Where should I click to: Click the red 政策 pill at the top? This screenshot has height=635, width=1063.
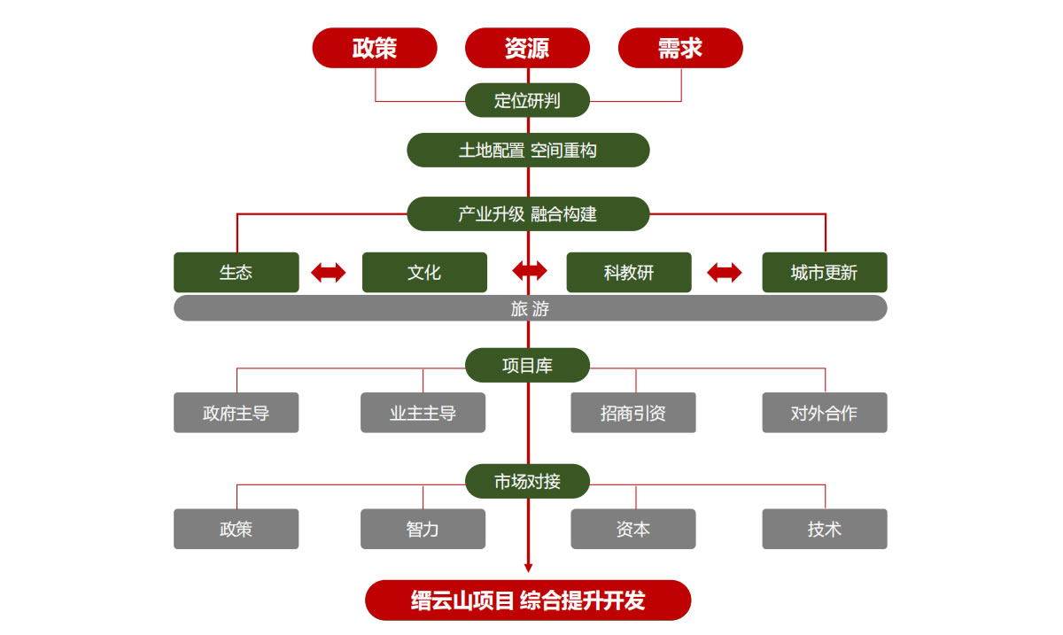pos(375,48)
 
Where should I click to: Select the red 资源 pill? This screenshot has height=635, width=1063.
pos(527,48)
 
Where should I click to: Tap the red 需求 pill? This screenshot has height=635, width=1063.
pos(680,48)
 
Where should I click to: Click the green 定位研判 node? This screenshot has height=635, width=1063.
pos(527,100)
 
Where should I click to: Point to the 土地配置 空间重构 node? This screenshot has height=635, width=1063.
pos(528,150)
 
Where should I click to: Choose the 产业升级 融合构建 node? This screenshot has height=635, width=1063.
pos(528,213)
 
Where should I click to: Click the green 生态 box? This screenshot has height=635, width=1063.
pos(237,272)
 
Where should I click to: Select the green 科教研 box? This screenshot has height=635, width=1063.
pos(629,272)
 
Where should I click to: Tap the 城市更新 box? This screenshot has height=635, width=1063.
pos(824,272)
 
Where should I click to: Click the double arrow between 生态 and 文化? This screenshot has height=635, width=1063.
pos(329,273)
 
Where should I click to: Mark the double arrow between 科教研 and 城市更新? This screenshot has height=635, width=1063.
pos(725,273)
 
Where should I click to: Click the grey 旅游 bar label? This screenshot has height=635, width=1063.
pos(530,308)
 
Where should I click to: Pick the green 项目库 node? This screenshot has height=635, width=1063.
pos(527,365)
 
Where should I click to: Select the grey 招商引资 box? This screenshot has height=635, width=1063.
pos(632,413)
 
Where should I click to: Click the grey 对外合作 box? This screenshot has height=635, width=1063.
pos(824,413)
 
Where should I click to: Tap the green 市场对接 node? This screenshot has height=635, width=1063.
pos(527,481)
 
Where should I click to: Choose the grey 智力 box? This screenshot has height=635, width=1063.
pos(423,529)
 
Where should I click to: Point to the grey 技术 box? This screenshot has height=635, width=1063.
pos(824,529)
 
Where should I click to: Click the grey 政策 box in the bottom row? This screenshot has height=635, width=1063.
pos(237,529)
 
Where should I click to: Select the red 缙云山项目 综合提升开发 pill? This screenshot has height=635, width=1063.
pos(528,600)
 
